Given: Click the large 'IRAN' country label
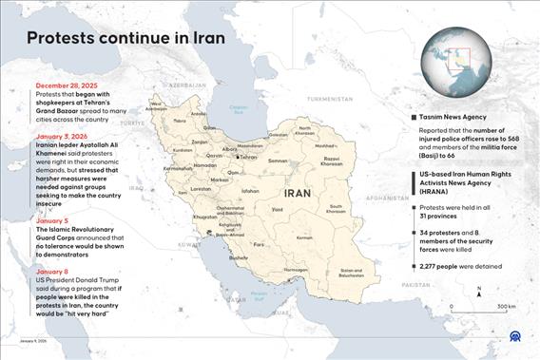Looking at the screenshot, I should [296, 192].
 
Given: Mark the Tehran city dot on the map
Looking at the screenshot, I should [238, 158].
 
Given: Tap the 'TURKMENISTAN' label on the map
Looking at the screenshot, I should [330, 99].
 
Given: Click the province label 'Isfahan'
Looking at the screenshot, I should [250, 191].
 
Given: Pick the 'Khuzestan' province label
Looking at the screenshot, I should [204, 218].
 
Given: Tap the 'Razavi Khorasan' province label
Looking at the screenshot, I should [332, 161].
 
